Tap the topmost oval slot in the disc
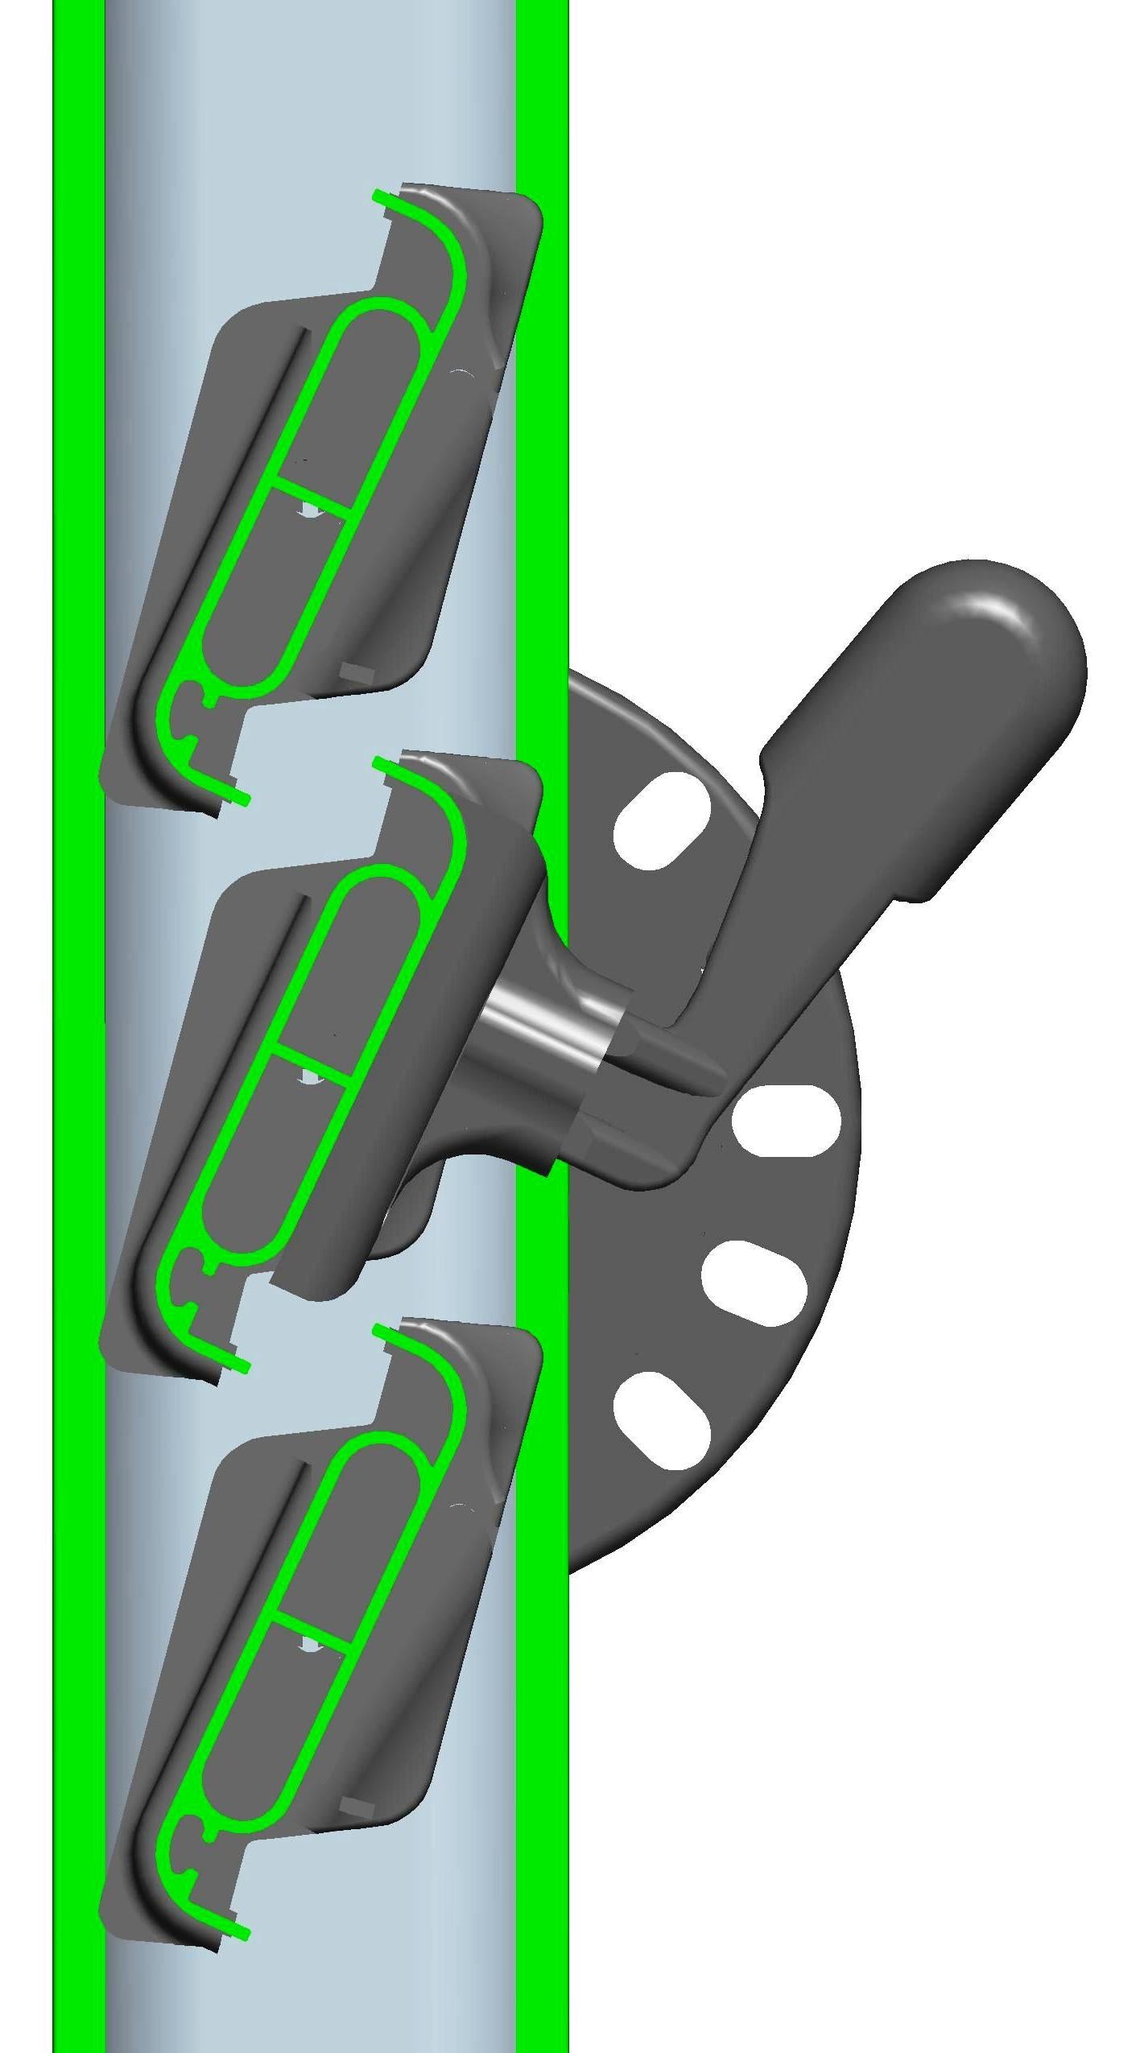662,820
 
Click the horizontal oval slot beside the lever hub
786,1120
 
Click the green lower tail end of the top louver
238,797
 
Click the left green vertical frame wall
79,966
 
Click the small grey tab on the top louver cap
357,674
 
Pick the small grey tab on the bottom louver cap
357,1807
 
